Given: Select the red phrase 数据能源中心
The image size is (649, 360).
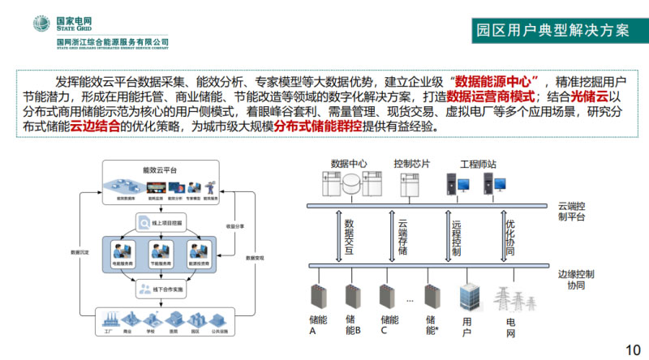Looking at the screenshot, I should click(x=497, y=81).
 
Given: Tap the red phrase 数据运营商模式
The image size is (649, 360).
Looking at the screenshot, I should click(x=485, y=96).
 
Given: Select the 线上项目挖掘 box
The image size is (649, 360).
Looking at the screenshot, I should click(x=159, y=222).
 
